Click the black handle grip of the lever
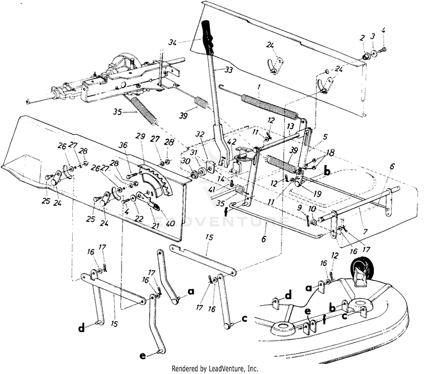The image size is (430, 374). [x=208, y=37]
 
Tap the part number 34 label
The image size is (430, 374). [x=173, y=43]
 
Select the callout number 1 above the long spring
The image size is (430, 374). [x=259, y=88]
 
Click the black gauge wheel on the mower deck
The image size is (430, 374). [x=360, y=266]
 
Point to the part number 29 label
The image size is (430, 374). [x=141, y=137]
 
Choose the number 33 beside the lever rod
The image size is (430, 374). [x=228, y=70]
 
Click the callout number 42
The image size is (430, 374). [x=232, y=142]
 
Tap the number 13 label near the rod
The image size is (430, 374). [x=291, y=127]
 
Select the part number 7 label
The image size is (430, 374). [x=365, y=232]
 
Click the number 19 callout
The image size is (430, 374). [x=317, y=194]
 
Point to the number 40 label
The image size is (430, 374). [x=170, y=223]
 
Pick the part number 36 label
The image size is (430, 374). [x=123, y=145]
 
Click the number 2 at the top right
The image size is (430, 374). [x=362, y=38]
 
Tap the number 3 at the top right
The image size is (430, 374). [x=373, y=37]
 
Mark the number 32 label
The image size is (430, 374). [x=200, y=134]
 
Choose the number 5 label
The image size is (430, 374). [x=326, y=137]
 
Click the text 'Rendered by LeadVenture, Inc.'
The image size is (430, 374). [x=215, y=368]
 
